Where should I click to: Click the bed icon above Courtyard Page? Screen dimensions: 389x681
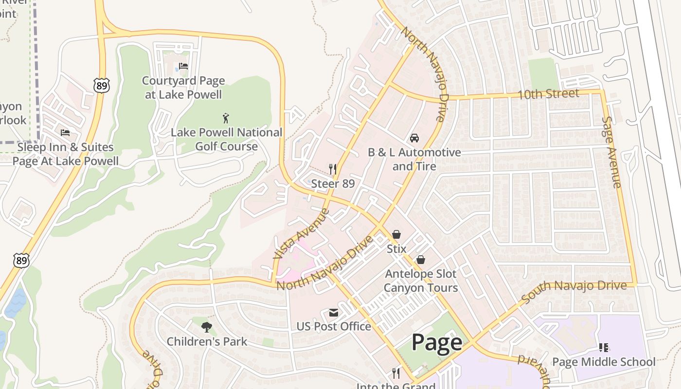(183, 66)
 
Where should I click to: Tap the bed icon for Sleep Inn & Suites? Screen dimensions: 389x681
(65, 132)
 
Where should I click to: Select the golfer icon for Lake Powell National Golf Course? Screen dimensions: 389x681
(226, 118)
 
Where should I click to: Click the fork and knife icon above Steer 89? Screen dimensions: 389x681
(333, 169)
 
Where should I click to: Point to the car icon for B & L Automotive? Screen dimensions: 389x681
(414, 138)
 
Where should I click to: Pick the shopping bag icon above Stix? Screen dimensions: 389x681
(396, 234)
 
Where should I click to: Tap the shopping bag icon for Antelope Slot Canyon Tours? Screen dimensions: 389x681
(421, 260)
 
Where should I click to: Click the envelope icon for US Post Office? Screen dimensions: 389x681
(334, 312)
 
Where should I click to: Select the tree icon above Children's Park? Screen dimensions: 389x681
(207, 327)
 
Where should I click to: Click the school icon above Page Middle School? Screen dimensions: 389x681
(604, 347)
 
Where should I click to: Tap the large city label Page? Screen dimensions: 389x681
(437, 342)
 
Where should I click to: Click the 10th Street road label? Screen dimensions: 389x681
(548, 94)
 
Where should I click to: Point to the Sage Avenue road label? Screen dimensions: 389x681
(611, 152)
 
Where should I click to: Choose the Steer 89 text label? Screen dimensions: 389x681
(333, 184)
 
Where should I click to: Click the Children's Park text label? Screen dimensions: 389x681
(207, 341)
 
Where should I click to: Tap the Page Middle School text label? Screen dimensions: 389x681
(604, 362)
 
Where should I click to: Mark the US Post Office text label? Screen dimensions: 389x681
(334, 326)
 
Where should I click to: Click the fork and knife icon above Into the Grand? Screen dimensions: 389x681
(396, 373)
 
